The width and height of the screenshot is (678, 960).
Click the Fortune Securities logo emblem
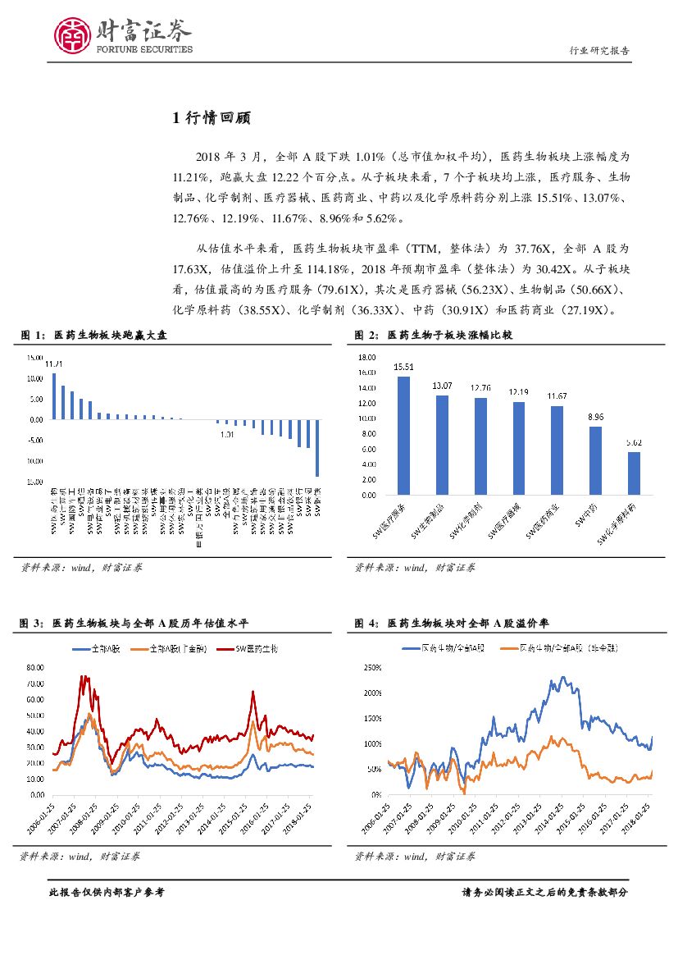pyautogui.click(x=71, y=34)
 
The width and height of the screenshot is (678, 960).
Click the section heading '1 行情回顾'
pyautogui.click(x=210, y=118)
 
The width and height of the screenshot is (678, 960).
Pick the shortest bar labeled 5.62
pyautogui.click(x=634, y=473)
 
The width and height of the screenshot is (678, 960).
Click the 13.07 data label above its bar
pyautogui.click(x=442, y=386)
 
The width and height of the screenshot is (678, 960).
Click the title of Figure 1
pyautogui.click(x=98, y=335)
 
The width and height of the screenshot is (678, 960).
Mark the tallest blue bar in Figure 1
pyautogui.click(x=54, y=395)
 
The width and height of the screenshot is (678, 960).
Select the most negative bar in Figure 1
pyautogui.click(x=317, y=447)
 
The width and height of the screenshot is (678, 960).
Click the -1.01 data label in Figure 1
pyautogui.click(x=227, y=434)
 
